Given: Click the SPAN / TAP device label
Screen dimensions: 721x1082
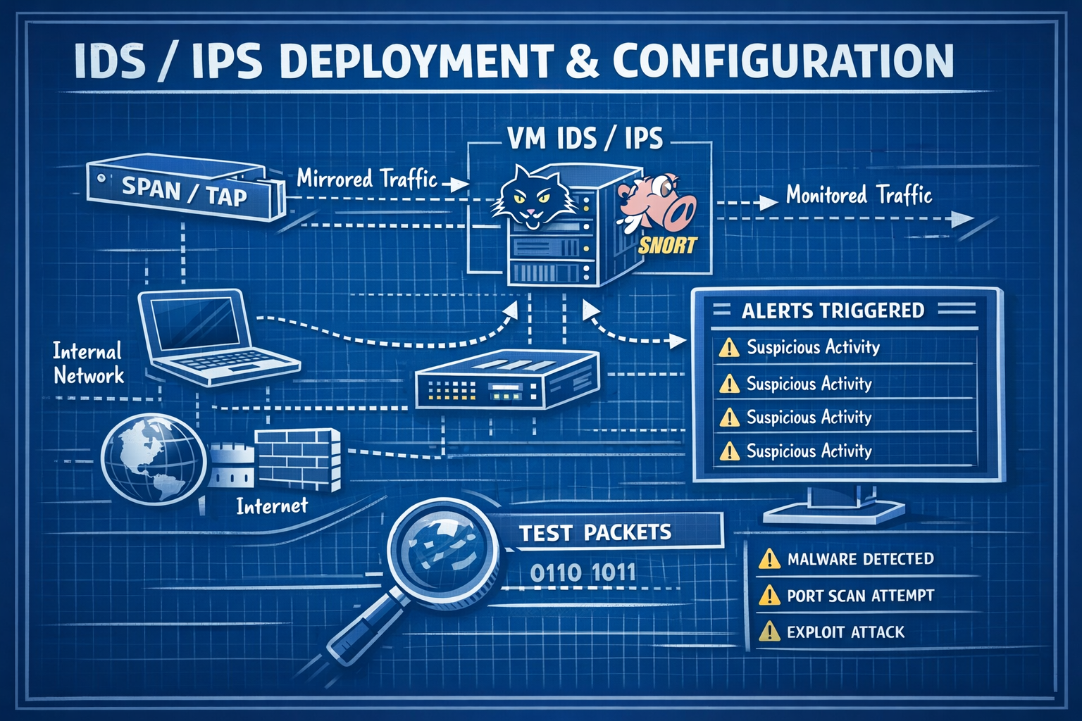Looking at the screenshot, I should coord(185,191).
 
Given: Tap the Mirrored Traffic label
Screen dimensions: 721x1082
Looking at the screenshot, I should coord(366,179).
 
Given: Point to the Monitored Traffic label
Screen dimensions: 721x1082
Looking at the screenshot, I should coord(859,194).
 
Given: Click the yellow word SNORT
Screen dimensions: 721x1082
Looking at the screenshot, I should coord(666,246).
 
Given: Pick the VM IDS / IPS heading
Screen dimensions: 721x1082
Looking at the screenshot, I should coord(585,138).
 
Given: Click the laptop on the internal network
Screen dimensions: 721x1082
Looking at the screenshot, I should coord(211,334).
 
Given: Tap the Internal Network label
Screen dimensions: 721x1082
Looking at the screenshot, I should coord(88,363).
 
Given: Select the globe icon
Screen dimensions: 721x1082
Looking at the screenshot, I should coord(154,457).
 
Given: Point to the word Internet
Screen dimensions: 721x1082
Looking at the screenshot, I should coord(272,506).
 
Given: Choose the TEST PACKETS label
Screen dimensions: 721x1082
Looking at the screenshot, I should coord(595,532).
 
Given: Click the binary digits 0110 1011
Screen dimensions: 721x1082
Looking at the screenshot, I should coord(583,573).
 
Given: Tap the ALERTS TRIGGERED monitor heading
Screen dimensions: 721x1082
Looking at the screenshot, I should coord(833,311).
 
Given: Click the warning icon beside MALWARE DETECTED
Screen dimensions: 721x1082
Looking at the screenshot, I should coord(769,559).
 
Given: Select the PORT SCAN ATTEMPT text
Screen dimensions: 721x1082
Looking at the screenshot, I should coord(860,596).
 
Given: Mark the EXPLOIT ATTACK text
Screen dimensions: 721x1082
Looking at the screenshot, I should coord(845,632).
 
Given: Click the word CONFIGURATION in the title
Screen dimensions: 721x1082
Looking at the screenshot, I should coord(783,61).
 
